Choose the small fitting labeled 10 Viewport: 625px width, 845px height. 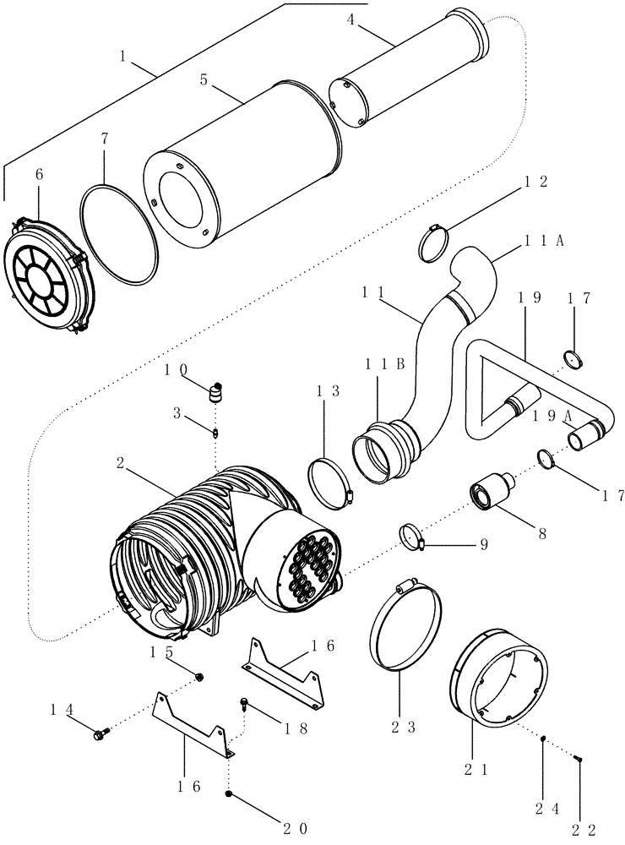(219, 391)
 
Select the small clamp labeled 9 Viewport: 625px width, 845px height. (414, 536)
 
